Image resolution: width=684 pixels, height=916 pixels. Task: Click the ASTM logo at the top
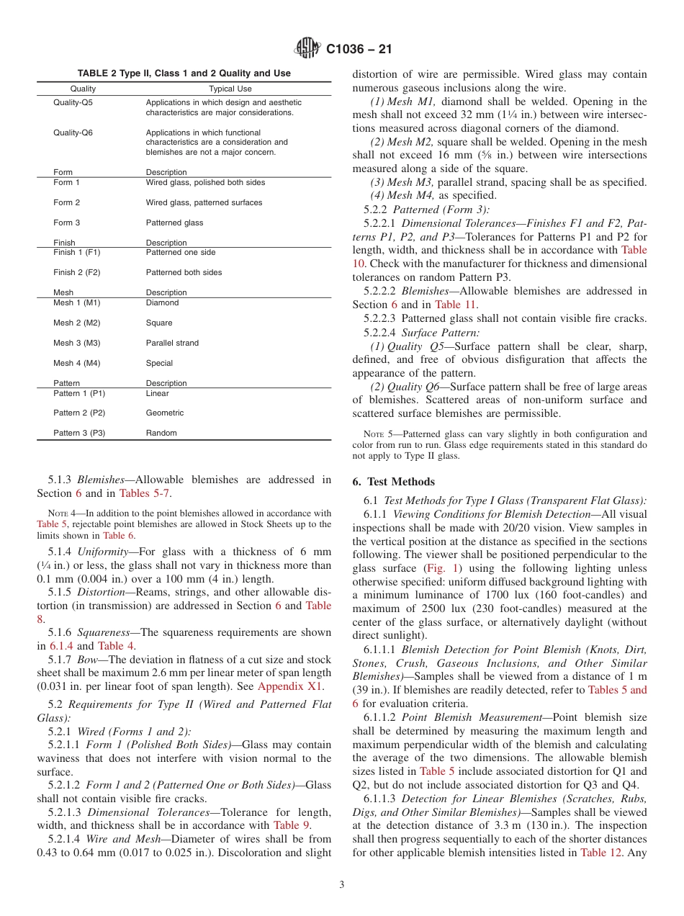(308, 49)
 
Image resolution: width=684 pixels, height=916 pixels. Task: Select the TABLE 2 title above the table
(184, 73)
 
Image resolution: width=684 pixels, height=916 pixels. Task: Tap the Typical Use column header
(230, 89)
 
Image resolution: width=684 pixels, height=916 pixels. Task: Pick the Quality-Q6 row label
(73, 133)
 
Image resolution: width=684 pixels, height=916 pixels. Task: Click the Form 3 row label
(67, 223)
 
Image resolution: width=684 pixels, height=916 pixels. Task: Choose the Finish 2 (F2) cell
(77, 272)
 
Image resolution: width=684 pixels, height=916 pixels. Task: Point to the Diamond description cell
(162, 302)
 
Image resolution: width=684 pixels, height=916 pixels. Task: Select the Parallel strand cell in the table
(172, 343)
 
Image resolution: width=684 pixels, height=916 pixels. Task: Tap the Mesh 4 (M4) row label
(76, 363)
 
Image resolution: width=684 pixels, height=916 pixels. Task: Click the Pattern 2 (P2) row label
(79, 413)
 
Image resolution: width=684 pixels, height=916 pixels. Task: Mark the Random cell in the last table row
(161, 433)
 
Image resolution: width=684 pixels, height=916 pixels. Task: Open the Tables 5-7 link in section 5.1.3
(145, 493)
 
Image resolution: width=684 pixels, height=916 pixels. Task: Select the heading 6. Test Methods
(394, 482)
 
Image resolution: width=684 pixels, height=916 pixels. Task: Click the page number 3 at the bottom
(342, 884)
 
